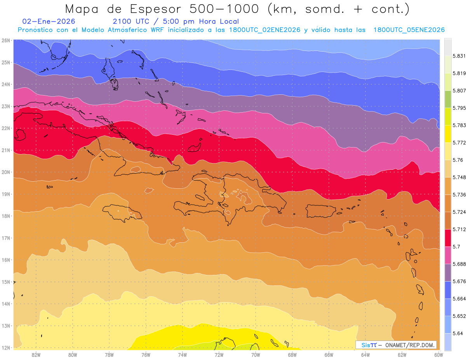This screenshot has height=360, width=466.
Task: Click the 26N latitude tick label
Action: tap(5, 40)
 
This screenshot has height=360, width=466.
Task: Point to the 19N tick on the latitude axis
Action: tap(5, 194)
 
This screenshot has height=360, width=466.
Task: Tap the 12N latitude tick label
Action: tap(5, 348)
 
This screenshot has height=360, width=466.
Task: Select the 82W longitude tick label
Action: tap(36, 355)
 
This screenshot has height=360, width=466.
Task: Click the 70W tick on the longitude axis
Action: tap(256, 355)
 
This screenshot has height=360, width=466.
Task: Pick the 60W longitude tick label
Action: tap(438, 355)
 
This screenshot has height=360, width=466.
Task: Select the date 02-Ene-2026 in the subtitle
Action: tap(49, 21)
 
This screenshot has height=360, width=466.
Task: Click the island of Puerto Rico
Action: tap(321, 211)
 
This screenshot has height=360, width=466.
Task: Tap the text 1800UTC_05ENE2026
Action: tap(409, 30)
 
